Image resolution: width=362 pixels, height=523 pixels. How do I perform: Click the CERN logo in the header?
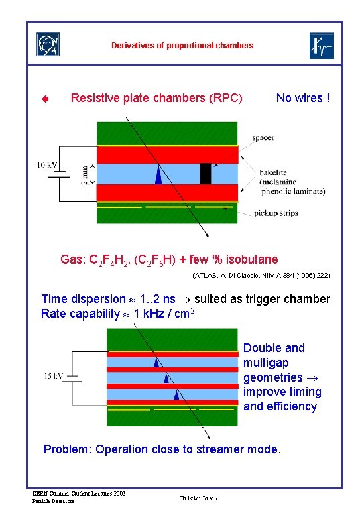pyautogui.click(x=47, y=45)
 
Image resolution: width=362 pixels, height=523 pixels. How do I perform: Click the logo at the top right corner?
pyautogui.click(x=320, y=45)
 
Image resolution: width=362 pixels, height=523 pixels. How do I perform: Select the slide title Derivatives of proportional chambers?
pyautogui.click(x=182, y=46)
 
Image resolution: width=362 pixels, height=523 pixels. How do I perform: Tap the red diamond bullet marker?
pyautogui.click(x=46, y=99)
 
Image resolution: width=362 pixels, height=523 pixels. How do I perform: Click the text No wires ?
pyautogui.click(x=303, y=99)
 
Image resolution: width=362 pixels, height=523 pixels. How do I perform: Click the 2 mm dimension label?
pyautogui.click(x=84, y=173)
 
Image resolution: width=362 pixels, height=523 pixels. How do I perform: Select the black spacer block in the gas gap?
pyautogui.click(x=206, y=174)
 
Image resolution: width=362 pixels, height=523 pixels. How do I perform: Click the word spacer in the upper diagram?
pyautogui.click(x=263, y=138)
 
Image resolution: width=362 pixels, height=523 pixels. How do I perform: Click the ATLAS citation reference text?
pyautogui.click(x=261, y=276)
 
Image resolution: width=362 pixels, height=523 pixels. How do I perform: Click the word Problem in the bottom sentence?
pyautogui.click(x=67, y=449)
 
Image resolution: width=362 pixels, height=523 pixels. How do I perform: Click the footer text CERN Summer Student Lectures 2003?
pyautogui.click(x=78, y=493)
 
